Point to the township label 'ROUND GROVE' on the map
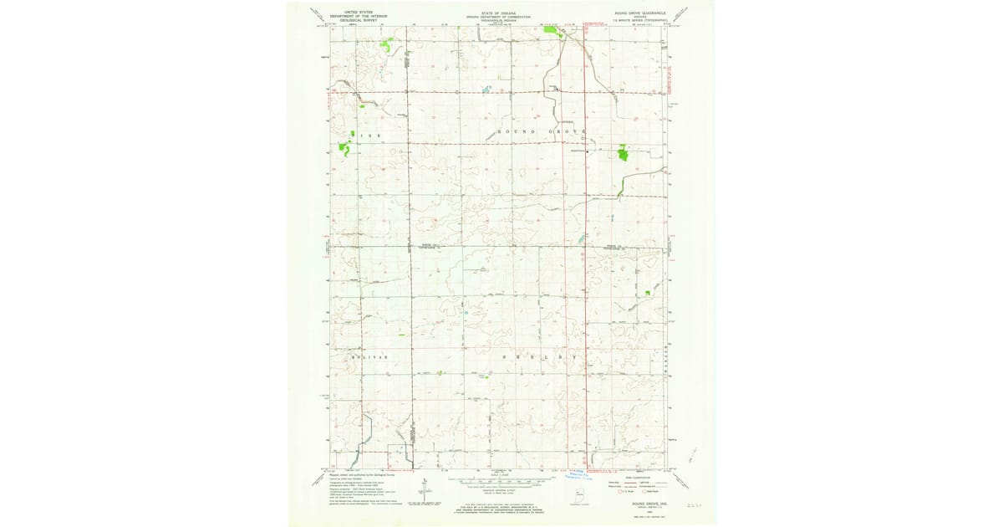point(542,132)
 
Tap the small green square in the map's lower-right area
point(647,292)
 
